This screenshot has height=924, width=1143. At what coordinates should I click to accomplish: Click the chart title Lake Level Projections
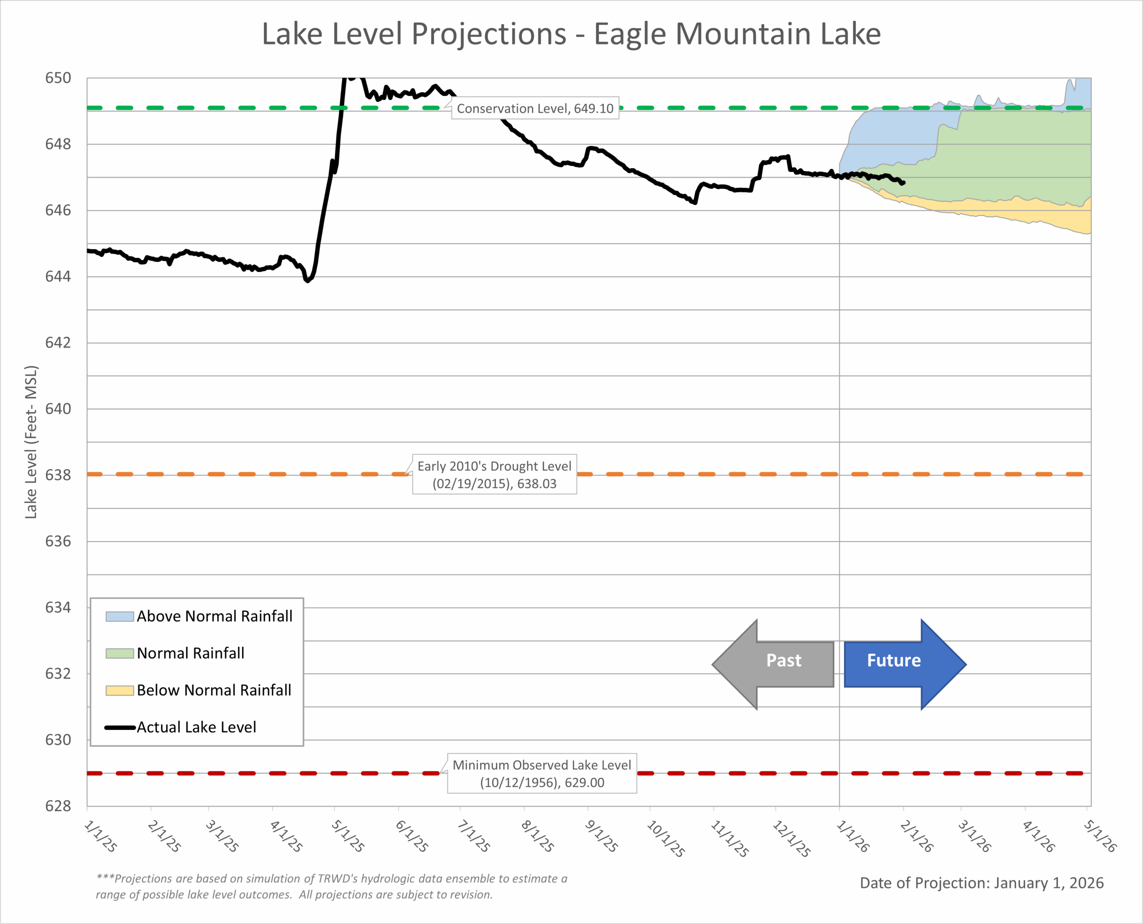pos(571,34)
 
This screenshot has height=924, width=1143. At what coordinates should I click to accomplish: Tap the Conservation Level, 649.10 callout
pos(534,108)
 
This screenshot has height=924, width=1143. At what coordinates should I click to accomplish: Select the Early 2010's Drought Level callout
pos(494,474)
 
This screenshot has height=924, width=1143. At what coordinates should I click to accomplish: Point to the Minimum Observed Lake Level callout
pos(542,774)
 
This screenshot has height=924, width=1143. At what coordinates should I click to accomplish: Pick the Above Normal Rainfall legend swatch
pos(119,616)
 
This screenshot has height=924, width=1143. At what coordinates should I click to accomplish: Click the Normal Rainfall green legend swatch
pos(119,653)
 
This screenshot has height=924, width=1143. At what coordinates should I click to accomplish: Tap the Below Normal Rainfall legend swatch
pos(119,691)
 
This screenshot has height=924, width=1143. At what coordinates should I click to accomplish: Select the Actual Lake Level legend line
pos(119,728)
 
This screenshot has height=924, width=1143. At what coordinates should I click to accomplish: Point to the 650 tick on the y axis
pos(58,78)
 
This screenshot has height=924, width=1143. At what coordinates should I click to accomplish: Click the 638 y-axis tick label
pos(58,475)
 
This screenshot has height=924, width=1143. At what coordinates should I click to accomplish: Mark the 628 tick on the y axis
pos(58,806)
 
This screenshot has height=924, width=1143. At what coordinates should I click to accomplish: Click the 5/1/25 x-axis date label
pos(348,836)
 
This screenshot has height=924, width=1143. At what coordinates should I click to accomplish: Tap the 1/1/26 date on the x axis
pos(853,836)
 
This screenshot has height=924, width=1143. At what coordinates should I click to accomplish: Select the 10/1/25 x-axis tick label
pos(665,838)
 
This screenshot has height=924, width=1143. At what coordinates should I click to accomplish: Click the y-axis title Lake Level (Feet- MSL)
pos(31,442)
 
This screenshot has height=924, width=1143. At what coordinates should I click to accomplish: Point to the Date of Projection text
pos(981,883)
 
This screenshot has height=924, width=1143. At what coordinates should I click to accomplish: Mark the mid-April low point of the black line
pos(307,280)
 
